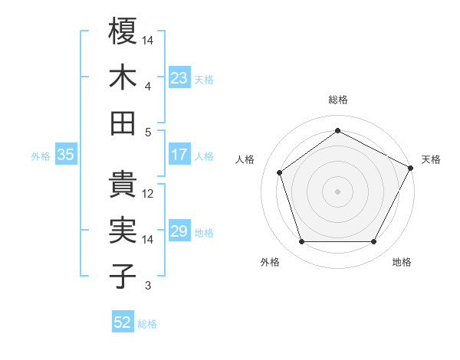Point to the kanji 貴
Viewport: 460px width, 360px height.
[123, 185]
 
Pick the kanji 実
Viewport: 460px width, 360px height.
[123, 231]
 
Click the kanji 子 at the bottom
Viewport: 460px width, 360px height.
[123, 277]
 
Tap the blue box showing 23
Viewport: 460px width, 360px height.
[179, 77]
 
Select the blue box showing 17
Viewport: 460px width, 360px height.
[179, 155]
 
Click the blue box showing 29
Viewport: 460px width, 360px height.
[179, 231]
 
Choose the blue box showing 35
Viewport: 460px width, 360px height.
[65, 155]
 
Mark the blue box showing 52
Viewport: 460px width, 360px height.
[122, 322]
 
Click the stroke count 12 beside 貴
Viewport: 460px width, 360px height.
[148, 194]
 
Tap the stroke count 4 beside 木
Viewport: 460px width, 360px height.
[148, 86]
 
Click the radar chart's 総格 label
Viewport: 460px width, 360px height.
[337, 100]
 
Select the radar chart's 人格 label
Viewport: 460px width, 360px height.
[245, 159]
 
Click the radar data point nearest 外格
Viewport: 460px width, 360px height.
[301, 242]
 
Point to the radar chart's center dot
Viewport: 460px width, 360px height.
[337, 191]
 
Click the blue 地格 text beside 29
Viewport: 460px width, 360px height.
[205, 232]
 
